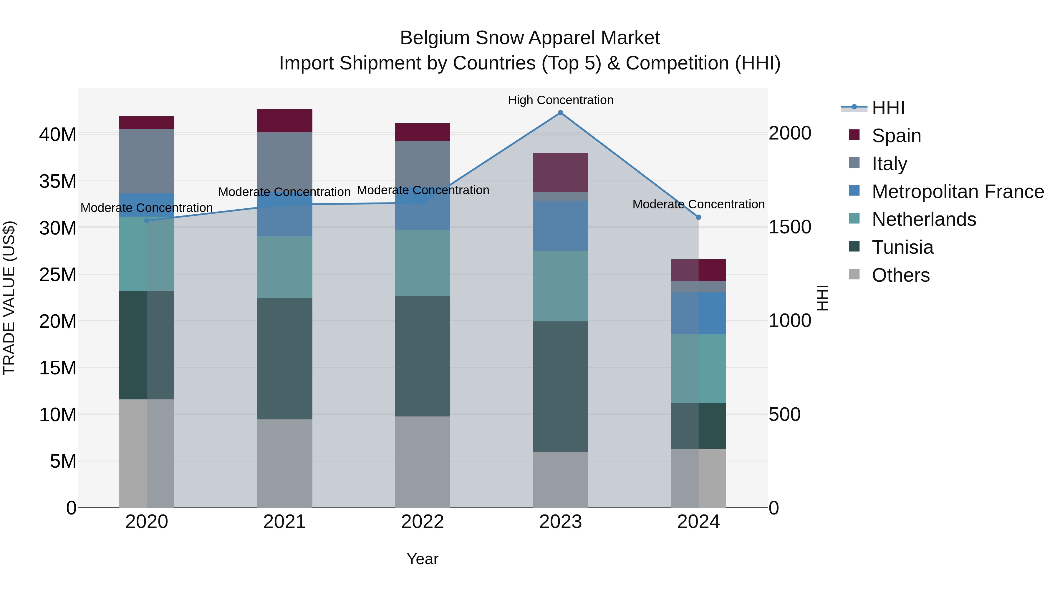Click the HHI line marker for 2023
pyautogui.click(x=560, y=113)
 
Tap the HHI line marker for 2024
pyautogui.click(x=698, y=217)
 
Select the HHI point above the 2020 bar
pyautogui.click(x=147, y=221)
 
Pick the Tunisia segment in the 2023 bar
pyautogui.click(x=560, y=387)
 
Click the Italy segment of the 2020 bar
pyautogui.click(x=147, y=161)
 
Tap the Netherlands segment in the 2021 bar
pyautogui.click(x=284, y=267)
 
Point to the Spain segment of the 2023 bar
pyautogui.click(x=560, y=172)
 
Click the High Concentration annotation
pyautogui.click(x=560, y=100)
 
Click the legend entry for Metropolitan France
pyautogui.click(x=958, y=192)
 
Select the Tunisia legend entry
pyautogui.click(x=902, y=247)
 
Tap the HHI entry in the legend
pyautogui.click(x=888, y=108)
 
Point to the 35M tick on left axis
pyautogui.click(x=58, y=181)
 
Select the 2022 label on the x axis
pyautogui.click(x=422, y=522)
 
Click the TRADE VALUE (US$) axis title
pyautogui.click(x=9, y=298)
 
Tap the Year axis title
pyautogui.click(x=422, y=559)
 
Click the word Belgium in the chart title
pyautogui.click(x=435, y=38)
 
